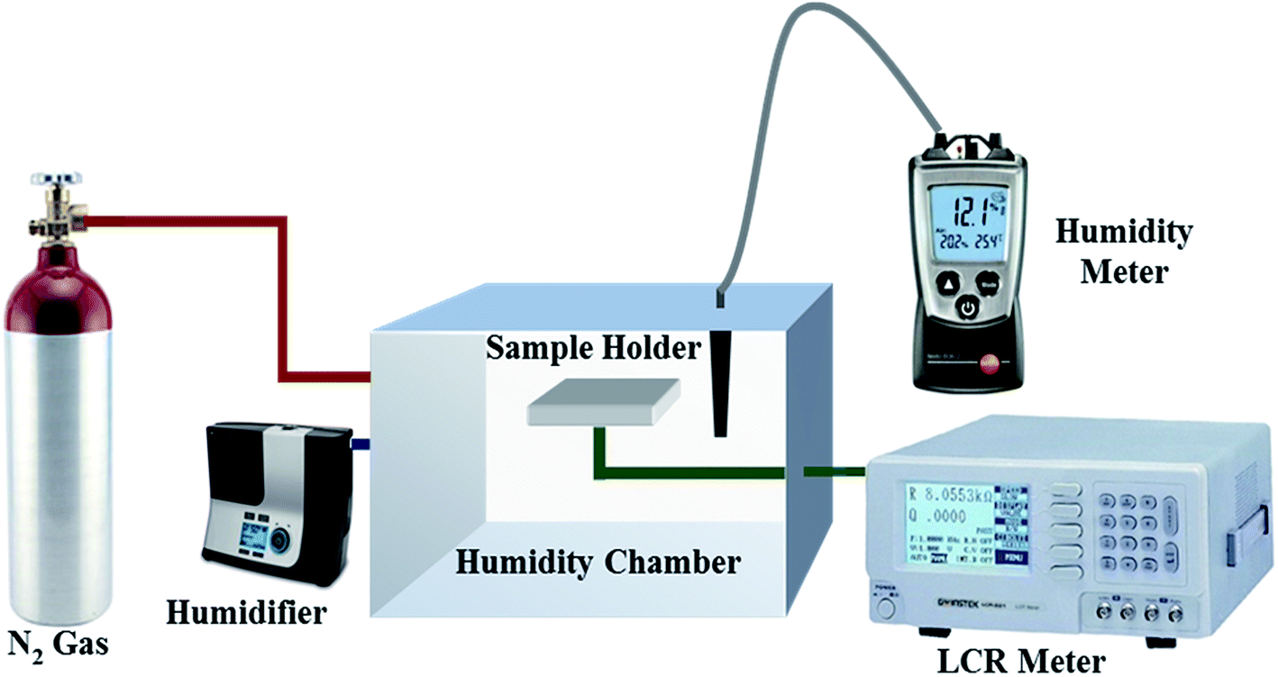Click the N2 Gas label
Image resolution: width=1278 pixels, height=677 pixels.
coord(59,644)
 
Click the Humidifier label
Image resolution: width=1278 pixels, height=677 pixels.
coord(245,615)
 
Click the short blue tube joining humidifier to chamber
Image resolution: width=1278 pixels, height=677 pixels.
coord(361,444)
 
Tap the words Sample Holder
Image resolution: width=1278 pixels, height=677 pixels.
coord(592,348)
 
